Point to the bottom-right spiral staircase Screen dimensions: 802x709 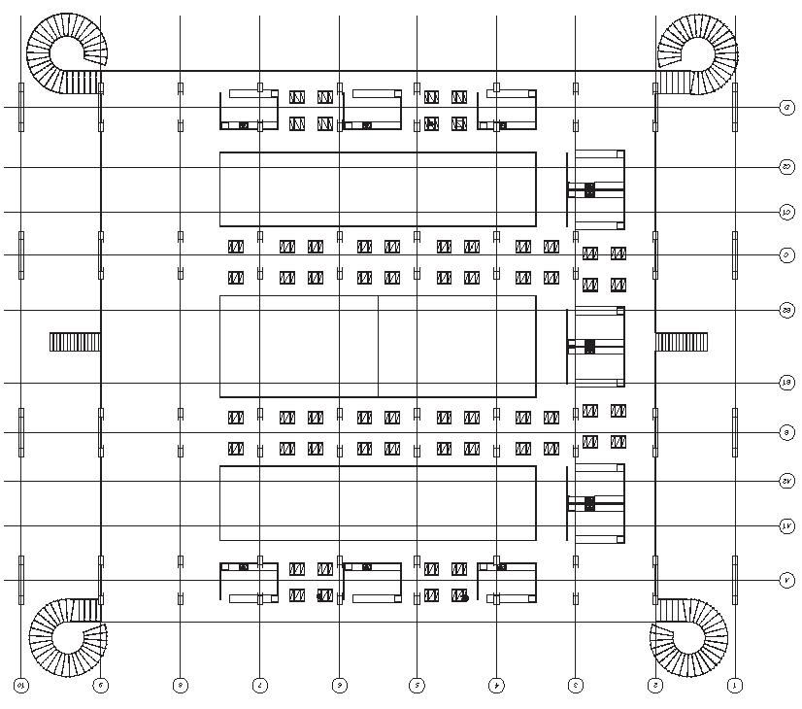click(x=688, y=636)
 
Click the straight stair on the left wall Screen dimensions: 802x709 click(x=75, y=342)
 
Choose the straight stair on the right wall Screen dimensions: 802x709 click(x=682, y=342)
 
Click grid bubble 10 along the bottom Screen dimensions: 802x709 click(x=21, y=686)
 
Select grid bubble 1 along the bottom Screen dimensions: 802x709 click(x=735, y=686)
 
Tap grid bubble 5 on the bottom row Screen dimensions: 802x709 click(x=417, y=686)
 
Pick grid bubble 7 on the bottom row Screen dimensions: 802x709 click(x=259, y=686)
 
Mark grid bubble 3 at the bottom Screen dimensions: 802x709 click(x=576, y=686)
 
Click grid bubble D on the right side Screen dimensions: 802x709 click(x=787, y=107)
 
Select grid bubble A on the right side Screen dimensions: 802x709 click(x=787, y=581)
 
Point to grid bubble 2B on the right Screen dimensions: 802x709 click(x=787, y=311)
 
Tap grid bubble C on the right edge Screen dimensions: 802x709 click(x=787, y=255)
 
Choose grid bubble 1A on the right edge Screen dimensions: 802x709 click(x=787, y=526)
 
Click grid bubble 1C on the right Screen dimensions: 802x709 click(x=787, y=212)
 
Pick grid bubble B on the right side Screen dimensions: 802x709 click(x=787, y=432)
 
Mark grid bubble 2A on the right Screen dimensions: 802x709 click(x=787, y=481)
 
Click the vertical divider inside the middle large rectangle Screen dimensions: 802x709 click(x=378, y=347)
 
